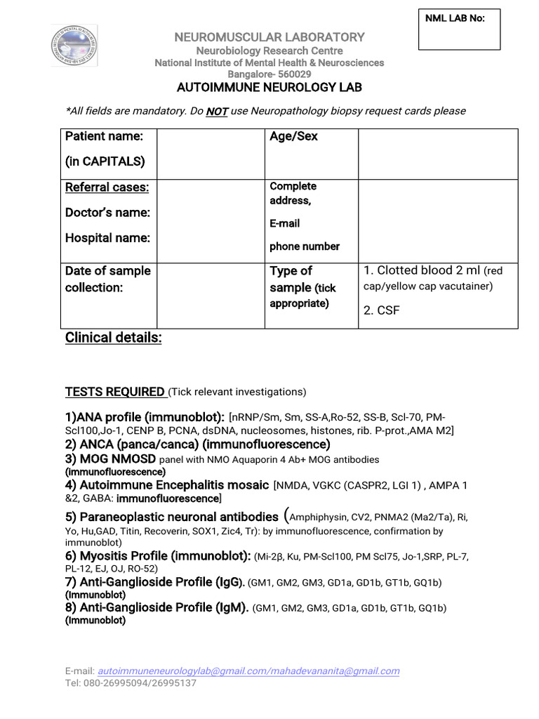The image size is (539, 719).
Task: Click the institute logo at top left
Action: click(74, 46)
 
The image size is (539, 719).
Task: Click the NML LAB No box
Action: click(459, 29)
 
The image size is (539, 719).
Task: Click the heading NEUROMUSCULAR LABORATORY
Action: click(269, 37)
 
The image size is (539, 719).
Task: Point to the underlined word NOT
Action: click(217, 111)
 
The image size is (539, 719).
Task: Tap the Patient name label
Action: click(104, 136)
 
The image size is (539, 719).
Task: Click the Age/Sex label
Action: click(293, 136)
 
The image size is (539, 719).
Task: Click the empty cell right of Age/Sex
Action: click(438, 154)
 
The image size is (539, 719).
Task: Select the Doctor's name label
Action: click(107, 212)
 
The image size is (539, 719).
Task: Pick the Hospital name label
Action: click(107, 237)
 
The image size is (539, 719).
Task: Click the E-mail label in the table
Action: click(284, 223)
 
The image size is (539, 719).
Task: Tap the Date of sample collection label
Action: click(107, 279)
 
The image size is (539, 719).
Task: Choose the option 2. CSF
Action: click(381, 310)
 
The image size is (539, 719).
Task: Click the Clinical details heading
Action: click(113, 338)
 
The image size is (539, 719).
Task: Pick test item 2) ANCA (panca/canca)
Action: click(197, 444)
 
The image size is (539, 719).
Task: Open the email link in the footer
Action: click(248, 671)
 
